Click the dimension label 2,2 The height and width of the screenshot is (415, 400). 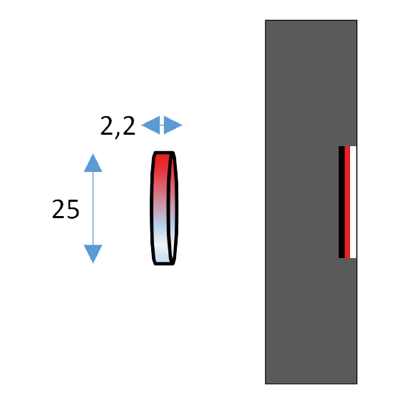coord(118,127)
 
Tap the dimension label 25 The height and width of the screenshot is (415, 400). coord(66,209)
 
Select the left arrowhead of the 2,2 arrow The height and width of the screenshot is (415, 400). coord(150,125)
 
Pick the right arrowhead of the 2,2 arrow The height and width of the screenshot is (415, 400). coord(173,125)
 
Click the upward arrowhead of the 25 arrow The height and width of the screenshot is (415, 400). coord(93,163)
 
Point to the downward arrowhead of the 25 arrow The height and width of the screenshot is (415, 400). coord(93,254)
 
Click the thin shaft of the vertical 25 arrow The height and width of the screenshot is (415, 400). coord(93,208)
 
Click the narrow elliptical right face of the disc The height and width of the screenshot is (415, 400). coord(173,208)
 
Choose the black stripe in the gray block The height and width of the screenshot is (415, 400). coord(342,202)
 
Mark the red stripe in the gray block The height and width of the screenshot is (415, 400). coord(347,202)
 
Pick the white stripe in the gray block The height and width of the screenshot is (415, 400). coord(353,202)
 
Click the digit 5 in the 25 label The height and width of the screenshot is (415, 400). coord(73,210)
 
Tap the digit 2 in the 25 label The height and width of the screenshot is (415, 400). coord(58,209)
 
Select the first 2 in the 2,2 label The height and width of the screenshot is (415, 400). coord(107,125)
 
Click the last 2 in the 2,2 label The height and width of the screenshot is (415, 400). coord(129,125)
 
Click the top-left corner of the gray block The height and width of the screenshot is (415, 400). coord(265,20)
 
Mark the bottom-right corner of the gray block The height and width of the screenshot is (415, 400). coord(357,384)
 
